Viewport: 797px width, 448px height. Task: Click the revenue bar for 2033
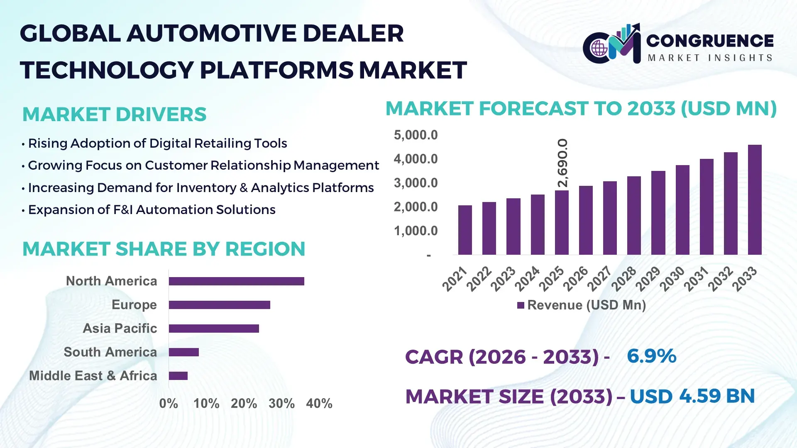tap(755, 200)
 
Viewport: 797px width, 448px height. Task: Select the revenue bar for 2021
tap(465, 230)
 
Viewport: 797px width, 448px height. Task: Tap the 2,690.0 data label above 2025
tap(562, 163)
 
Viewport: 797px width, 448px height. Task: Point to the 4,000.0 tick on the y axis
tap(416, 159)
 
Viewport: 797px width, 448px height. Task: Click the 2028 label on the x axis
tap(623, 279)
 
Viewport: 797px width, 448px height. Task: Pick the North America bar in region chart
tap(236, 281)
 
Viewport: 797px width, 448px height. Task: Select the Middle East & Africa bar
tap(178, 376)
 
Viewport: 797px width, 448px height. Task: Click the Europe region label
tap(134, 304)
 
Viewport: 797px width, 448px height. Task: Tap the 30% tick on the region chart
tap(281, 403)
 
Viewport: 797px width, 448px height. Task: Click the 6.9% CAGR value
tap(651, 356)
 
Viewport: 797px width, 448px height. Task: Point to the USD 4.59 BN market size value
tap(692, 396)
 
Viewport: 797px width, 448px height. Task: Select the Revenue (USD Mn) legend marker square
tap(521, 305)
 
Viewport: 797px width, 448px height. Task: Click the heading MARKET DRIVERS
tap(114, 114)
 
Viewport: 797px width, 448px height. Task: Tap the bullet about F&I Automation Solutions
tap(152, 210)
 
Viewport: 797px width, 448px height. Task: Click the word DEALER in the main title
tap(353, 34)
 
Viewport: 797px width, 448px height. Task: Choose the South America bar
tap(183, 352)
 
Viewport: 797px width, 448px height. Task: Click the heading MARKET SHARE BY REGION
tap(164, 249)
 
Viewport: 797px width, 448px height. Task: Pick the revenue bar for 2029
tap(658, 212)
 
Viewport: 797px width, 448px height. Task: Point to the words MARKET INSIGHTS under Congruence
tap(710, 58)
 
